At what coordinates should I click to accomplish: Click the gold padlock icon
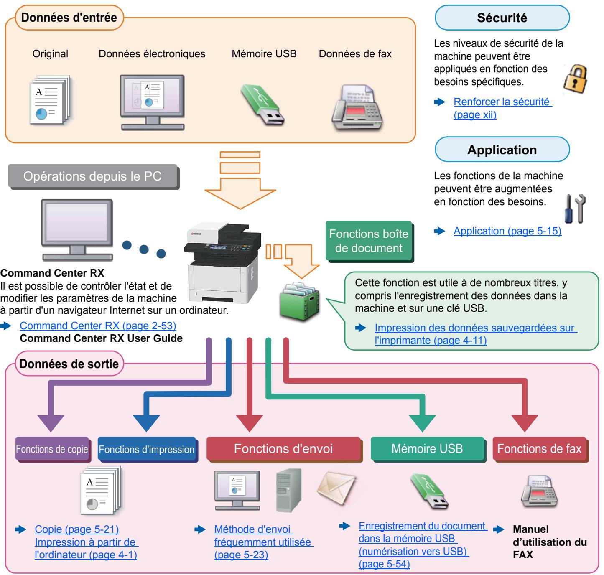(575, 79)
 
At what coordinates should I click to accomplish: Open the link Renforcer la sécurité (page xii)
(502, 108)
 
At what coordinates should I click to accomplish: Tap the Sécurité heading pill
(502, 18)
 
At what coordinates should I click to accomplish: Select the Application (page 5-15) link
(507, 231)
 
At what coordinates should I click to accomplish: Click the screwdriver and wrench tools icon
(575, 209)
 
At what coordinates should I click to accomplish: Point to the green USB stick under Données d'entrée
(262, 104)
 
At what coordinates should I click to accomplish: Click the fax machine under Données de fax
(357, 108)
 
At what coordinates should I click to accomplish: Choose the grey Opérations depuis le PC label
(93, 177)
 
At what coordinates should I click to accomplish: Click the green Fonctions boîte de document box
(369, 241)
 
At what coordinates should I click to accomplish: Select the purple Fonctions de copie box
(53, 449)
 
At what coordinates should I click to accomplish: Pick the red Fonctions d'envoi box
(284, 449)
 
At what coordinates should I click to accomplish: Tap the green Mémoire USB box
(428, 449)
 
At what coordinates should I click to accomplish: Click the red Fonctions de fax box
(540, 449)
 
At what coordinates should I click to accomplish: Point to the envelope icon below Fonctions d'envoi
(336, 488)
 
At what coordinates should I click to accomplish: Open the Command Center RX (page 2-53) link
(98, 326)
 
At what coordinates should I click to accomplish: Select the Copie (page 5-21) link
(77, 529)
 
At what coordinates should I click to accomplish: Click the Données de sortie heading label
(69, 364)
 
